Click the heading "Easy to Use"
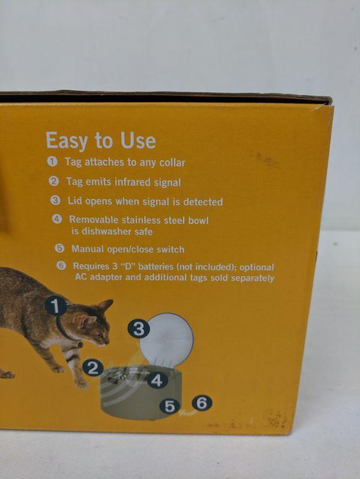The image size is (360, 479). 101,141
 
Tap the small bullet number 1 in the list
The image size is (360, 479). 52,162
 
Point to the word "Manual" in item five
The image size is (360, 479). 88,249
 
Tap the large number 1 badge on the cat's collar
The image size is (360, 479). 56,306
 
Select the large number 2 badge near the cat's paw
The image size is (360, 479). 93,368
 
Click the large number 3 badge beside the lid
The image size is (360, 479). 139,329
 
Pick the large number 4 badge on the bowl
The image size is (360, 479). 157,381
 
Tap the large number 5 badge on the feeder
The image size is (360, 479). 170,406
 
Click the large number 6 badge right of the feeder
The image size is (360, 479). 202,403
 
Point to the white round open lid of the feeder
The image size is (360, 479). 167,339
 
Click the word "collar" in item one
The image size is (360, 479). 172,163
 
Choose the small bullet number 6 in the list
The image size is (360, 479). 61,266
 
